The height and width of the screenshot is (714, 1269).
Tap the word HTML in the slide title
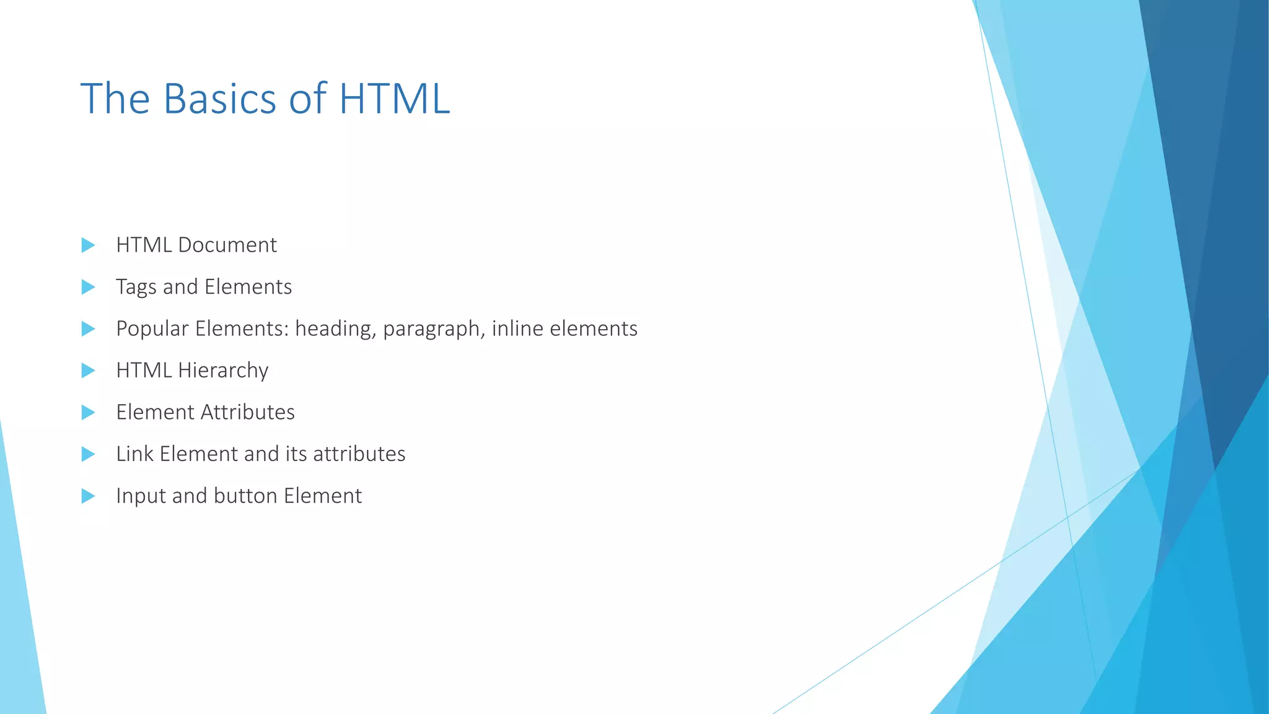pyautogui.click(x=394, y=99)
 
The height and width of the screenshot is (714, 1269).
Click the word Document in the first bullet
pyautogui.click(x=227, y=245)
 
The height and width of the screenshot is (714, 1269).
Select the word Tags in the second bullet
pyautogui.click(x=136, y=288)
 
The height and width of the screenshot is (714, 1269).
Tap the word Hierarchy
pyautogui.click(x=222, y=371)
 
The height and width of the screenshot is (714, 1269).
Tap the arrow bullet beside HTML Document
pyautogui.click(x=88, y=245)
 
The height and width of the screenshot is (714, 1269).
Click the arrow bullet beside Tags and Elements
pyautogui.click(x=88, y=287)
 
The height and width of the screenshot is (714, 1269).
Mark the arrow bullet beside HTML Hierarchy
pyautogui.click(x=88, y=371)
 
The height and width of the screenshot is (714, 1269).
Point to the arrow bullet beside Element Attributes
pyautogui.click(x=88, y=412)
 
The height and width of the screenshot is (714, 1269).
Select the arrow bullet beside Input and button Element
pyautogui.click(x=88, y=496)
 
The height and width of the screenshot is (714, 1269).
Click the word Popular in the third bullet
pyautogui.click(x=152, y=329)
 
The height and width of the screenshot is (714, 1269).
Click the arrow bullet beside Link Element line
pyautogui.click(x=88, y=454)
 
